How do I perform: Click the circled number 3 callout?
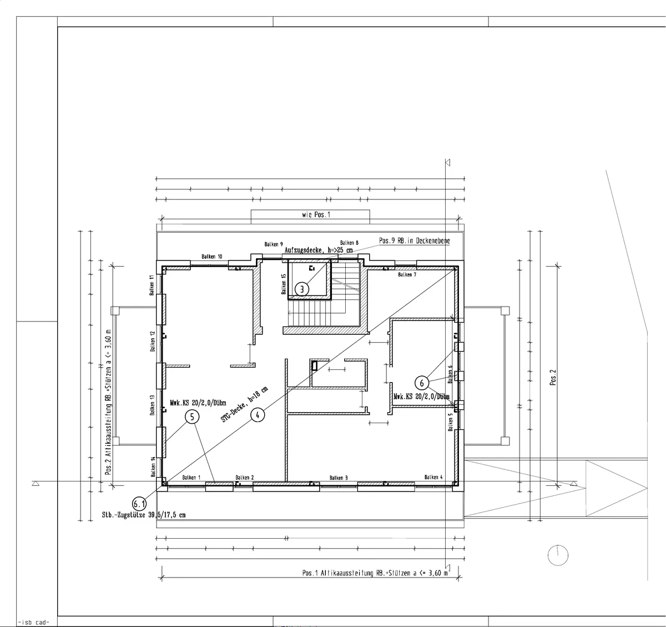pyautogui.click(x=301, y=289)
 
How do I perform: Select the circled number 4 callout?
pyautogui.click(x=257, y=414)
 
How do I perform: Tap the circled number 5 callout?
pyautogui.click(x=191, y=417)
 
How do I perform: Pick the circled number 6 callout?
pyautogui.click(x=422, y=383)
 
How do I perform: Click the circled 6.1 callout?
pyautogui.click(x=139, y=504)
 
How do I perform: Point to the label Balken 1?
pyautogui.click(x=191, y=478)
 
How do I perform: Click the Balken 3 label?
pyautogui.click(x=339, y=478)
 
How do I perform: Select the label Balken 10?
pyautogui.click(x=212, y=257)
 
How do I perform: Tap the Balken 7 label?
pyautogui.click(x=407, y=274)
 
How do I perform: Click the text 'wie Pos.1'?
pyautogui.click(x=316, y=214)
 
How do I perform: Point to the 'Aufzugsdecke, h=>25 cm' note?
pyautogui.click(x=319, y=250)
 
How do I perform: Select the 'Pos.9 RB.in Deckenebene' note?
pyautogui.click(x=415, y=241)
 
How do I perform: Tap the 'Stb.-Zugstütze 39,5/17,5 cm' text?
pyautogui.click(x=143, y=515)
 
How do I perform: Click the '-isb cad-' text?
pyautogui.click(x=34, y=621)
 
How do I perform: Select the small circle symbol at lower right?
pyautogui.click(x=558, y=555)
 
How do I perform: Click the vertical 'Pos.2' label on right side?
pyautogui.click(x=553, y=378)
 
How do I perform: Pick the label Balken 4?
pyautogui.click(x=433, y=477)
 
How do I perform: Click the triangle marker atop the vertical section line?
pyautogui.click(x=447, y=163)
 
